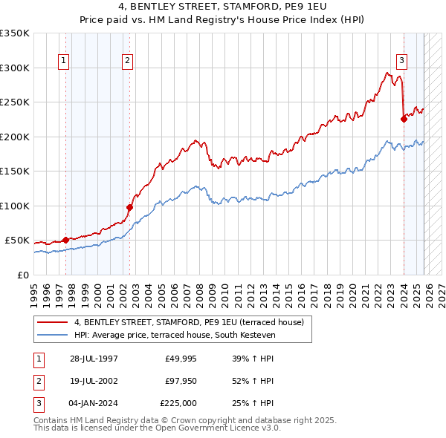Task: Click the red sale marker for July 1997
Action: (65, 240)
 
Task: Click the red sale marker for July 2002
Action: (129, 207)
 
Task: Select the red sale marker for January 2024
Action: (404, 118)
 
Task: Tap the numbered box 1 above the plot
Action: (63, 61)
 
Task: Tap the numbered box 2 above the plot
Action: (127, 61)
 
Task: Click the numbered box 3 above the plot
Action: (401, 61)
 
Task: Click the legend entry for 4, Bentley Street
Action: (189, 323)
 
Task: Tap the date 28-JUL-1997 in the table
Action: (94, 359)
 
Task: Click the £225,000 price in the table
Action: (178, 404)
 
